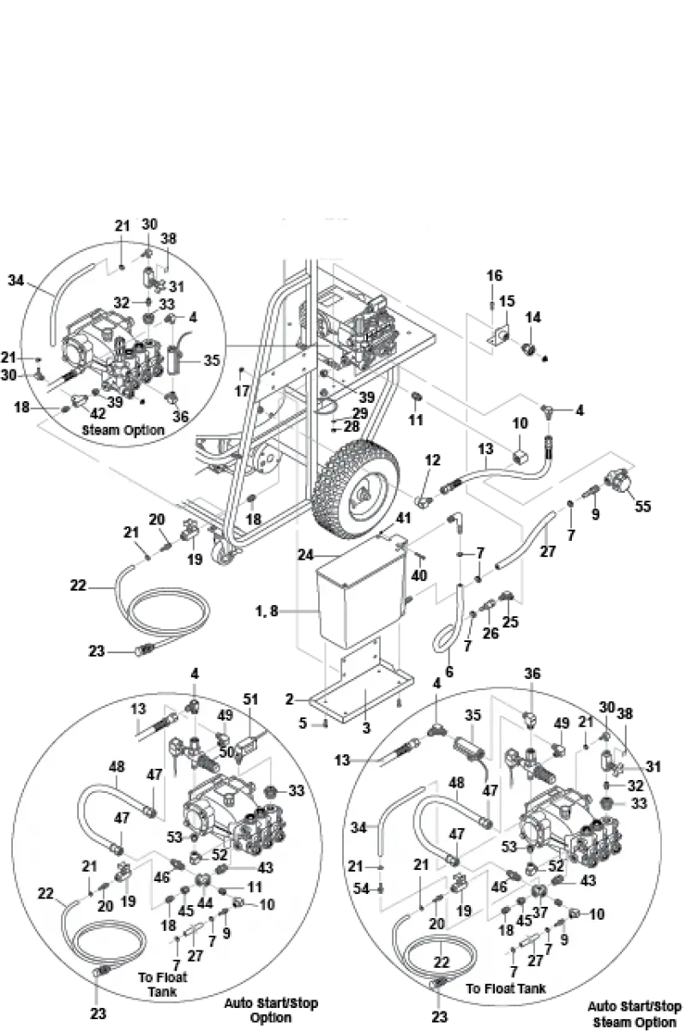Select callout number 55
pos(642,507)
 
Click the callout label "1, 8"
pos(267,611)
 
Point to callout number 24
pos(305,555)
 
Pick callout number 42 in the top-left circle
pos(98,413)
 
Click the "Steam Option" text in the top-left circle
pos(123,430)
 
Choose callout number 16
pos(494,275)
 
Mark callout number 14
pos(533,317)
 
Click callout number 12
pos(432,459)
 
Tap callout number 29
pos(360,413)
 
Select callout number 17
pos(242,391)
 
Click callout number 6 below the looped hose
pos(449,671)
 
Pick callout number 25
pos(510,621)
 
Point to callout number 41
pos(403,518)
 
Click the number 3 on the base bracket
pos(366,729)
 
